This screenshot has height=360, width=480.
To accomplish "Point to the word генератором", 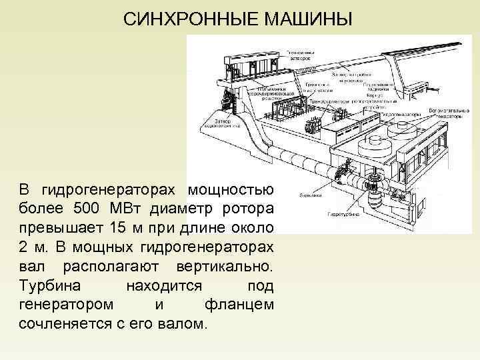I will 65,305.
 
